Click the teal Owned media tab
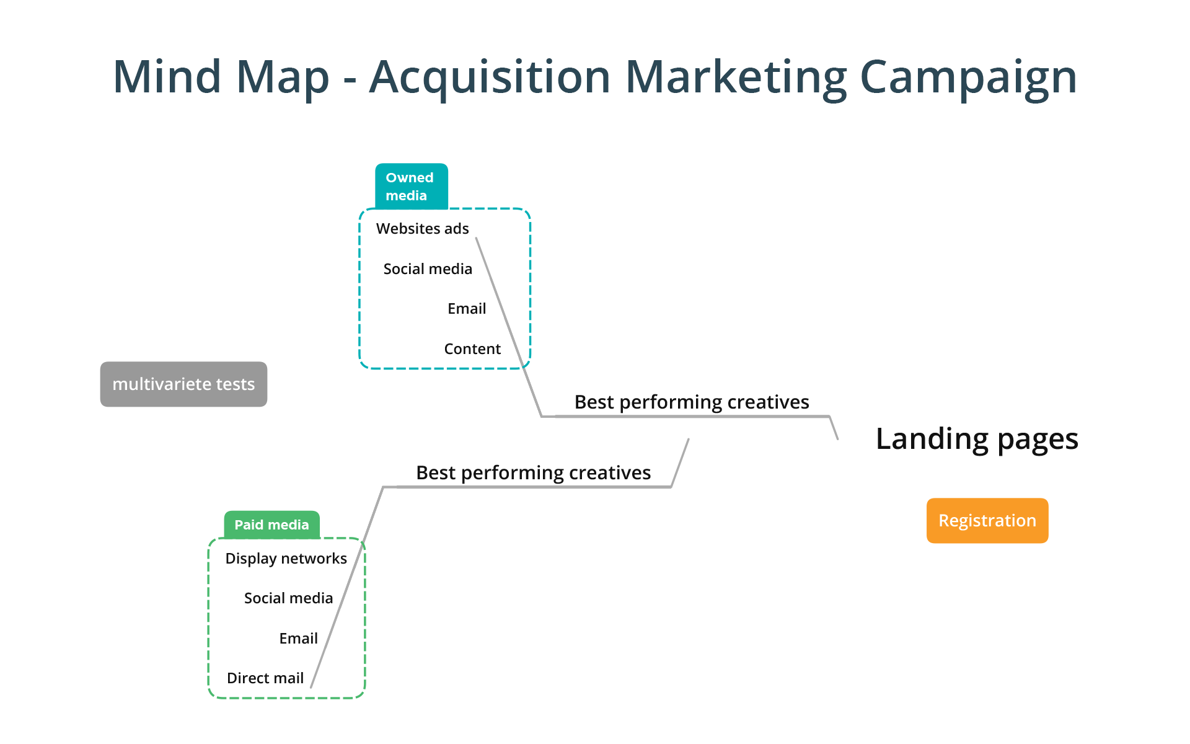(411, 186)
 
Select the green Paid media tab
(271, 525)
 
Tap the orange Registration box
(987, 520)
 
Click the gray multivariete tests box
(183, 384)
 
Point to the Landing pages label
(977, 439)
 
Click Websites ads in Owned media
(422, 229)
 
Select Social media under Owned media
(428, 269)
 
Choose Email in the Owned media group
(467, 309)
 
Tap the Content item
(472, 349)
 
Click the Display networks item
(286, 559)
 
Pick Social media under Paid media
(288, 598)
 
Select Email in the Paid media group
(298, 639)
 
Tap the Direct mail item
(265, 678)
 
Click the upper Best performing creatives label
(692, 402)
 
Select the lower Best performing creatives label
(533, 473)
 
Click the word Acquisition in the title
(490, 77)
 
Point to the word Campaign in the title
(968, 77)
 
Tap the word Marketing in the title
(736, 77)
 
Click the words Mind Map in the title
(221, 77)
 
